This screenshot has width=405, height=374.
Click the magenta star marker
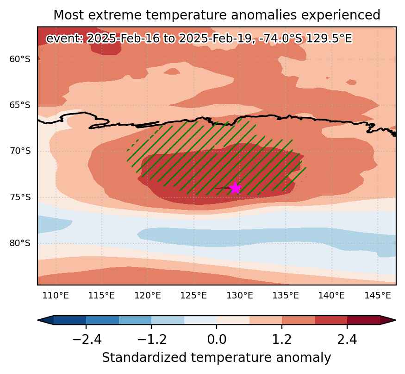(235, 188)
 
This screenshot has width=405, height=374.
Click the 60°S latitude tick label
(20, 59)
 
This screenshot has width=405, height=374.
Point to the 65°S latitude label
(20, 105)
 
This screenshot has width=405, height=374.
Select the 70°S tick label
(20, 151)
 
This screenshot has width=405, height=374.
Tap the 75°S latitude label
(20, 197)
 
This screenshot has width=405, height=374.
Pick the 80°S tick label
(20, 243)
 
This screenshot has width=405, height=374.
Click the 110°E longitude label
(56, 295)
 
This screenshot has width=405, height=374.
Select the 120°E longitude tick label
(148, 295)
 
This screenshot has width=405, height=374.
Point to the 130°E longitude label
(240, 295)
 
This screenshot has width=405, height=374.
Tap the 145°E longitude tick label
(378, 295)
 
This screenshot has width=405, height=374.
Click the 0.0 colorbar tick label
(217, 339)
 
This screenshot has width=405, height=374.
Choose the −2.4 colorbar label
(86, 339)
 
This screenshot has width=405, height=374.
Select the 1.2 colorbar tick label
(282, 339)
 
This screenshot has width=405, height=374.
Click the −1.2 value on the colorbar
(152, 339)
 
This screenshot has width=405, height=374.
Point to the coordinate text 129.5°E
(329, 39)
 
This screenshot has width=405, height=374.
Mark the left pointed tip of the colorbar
(37, 320)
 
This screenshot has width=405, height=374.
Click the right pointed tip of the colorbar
(396, 320)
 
